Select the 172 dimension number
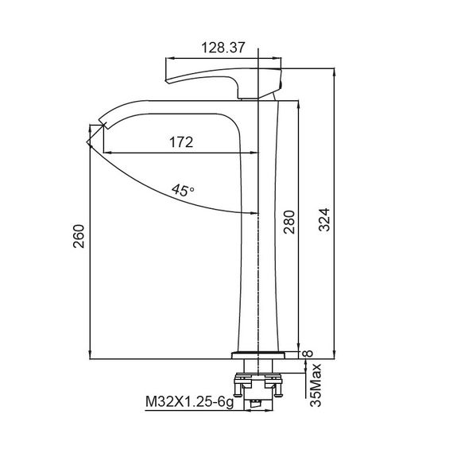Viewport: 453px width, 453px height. click(182, 143)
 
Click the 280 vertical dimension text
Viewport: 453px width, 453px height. click(289, 225)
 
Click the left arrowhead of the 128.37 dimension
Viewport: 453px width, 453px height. click(169, 58)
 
